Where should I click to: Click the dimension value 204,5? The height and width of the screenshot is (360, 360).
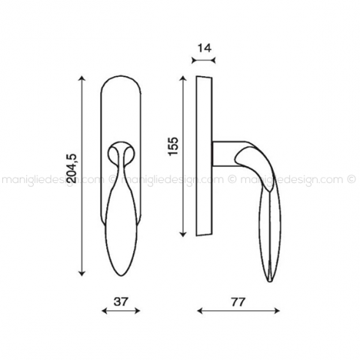[x=73, y=168]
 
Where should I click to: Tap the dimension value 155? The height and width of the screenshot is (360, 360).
[x=173, y=146]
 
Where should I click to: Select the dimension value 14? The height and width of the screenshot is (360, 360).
[x=204, y=48]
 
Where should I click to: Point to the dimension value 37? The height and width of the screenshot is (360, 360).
[x=121, y=302]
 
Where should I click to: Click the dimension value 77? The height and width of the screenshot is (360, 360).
[x=238, y=302]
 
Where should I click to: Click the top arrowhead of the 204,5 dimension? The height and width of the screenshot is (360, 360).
[x=82, y=78]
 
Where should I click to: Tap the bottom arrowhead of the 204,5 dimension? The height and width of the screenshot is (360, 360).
[x=82, y=273]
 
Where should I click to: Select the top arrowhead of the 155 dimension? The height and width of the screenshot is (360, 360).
[x=183, y=78]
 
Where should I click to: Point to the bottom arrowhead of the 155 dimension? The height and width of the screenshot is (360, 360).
[x=183, y=234]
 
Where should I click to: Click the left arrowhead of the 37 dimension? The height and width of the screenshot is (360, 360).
[x=105, y=311]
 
